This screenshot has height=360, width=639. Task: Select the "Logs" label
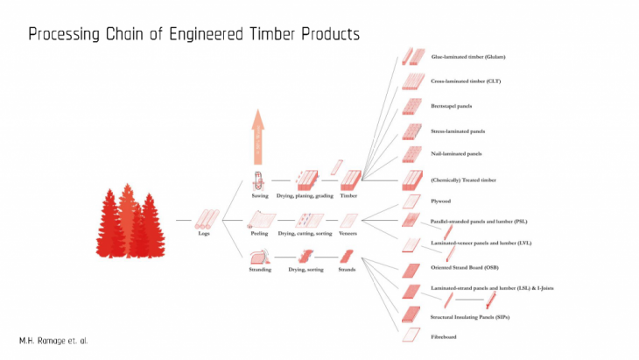pyautogui.click(x=203, y=233)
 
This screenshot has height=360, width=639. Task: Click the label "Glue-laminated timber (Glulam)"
pyautogui.click(x=468, y=57)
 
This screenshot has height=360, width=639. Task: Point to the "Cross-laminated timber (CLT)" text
pyautogui.click(x=466, y=81)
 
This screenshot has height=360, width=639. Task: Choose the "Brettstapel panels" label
pyautogui.click(x=452, y=106)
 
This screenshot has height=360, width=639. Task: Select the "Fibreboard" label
pyautogui.click(x=444, y=336)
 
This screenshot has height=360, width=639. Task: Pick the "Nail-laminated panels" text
pyautogui.click(x=456, y=153)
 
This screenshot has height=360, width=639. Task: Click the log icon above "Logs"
pyautogui.click(x=207, y=218)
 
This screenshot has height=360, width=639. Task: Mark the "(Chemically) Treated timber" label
pyautogui.click(x=463, y=180)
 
